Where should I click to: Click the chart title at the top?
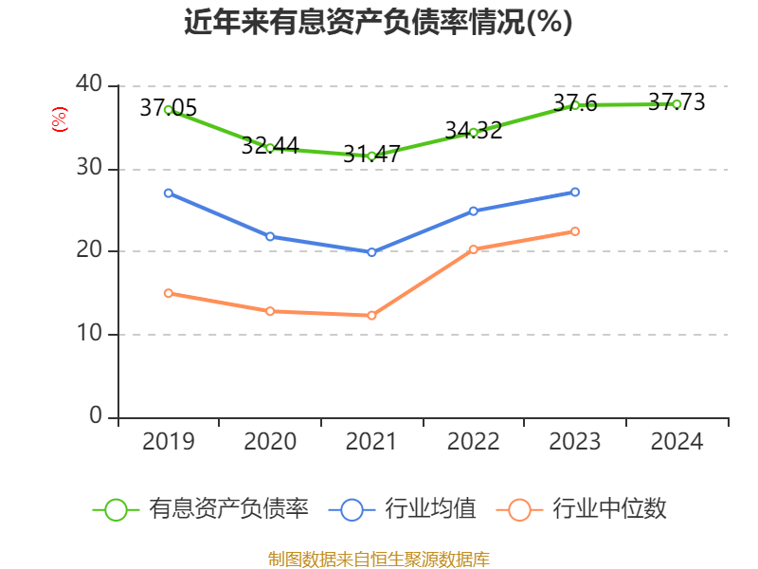point(378,22)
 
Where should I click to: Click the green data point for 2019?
point(168,110)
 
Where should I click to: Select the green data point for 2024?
point(677,104)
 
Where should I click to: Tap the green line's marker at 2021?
point(371,156)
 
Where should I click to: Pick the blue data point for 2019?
point(168,193)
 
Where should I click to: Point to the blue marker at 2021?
point(371,252)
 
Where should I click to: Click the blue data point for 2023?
point(575,193)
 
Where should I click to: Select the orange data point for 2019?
point(168,293)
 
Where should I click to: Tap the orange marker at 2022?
point(474,249)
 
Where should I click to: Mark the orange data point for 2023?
point(575,231)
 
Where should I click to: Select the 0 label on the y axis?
point(96,416)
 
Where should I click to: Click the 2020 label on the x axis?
point(270,442)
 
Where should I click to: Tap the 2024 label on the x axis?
point(677,442)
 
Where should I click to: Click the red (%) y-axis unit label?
point(59,120)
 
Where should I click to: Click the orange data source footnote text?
point(378,559)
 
